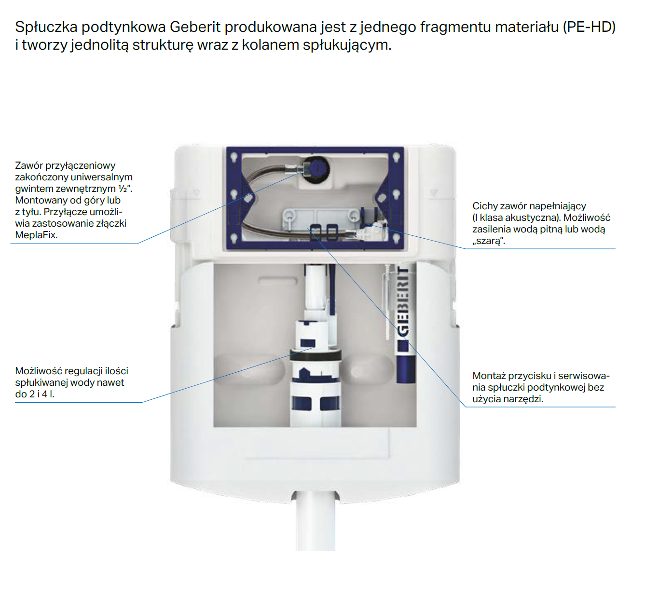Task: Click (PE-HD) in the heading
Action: click(589, 27)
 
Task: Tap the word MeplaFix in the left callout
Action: click(36, 235)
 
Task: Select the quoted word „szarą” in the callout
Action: click(489, 241)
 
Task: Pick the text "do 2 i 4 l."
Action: click(34, 394)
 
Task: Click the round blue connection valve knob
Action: click(317, 169)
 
